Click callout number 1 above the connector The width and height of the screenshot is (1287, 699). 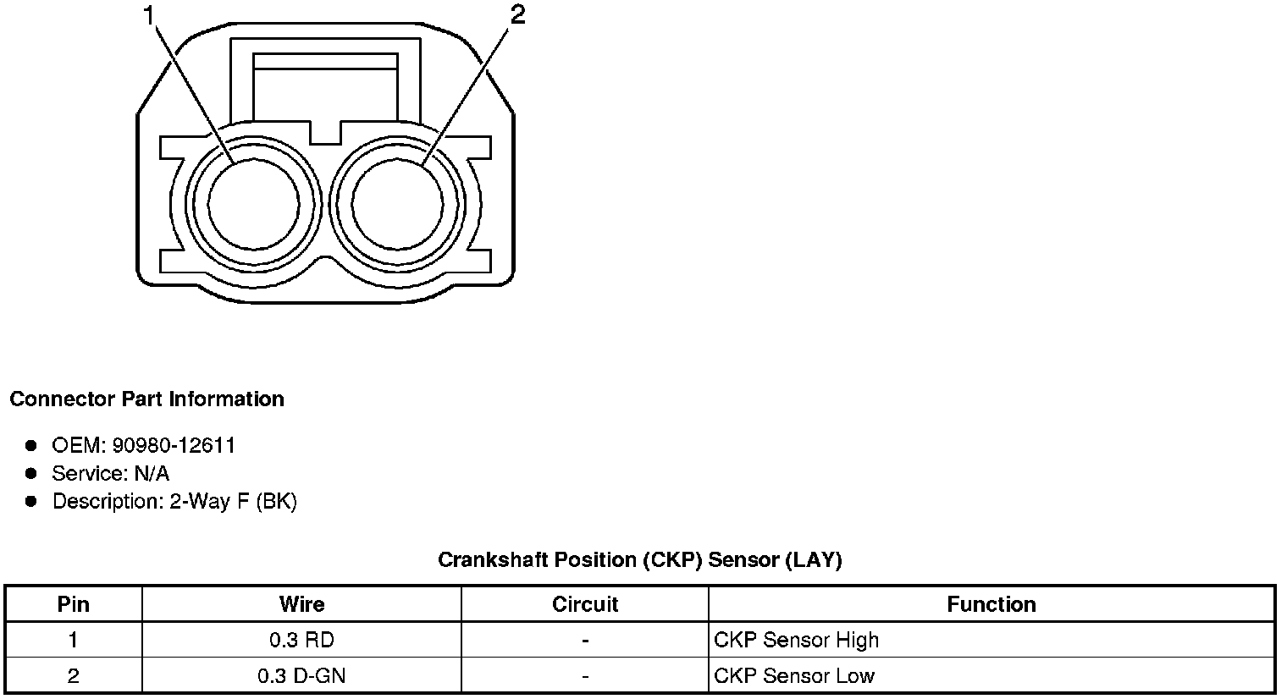coord(151,16)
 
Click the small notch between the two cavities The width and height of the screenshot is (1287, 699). coord(325,133)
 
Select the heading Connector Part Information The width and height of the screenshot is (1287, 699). coord(146,399)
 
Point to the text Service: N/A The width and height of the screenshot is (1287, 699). coord(110,473)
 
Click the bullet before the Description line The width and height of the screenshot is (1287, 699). coord(31,501)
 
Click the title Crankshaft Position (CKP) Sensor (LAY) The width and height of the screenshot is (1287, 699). coord(639,560)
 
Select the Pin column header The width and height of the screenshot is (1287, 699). coord(74,604)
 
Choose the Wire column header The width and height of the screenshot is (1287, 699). coord(301,604)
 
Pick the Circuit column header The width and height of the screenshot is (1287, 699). coord(585,604)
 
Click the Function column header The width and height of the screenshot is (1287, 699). coord(991,604)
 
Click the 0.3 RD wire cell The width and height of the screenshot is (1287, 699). coord(301,641)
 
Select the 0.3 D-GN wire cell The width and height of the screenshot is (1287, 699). coord(301,676)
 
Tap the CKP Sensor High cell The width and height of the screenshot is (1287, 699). coord(796,641)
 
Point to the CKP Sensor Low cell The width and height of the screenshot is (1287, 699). coord(793,676)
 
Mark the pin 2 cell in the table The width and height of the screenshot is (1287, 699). coord(74,676)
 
